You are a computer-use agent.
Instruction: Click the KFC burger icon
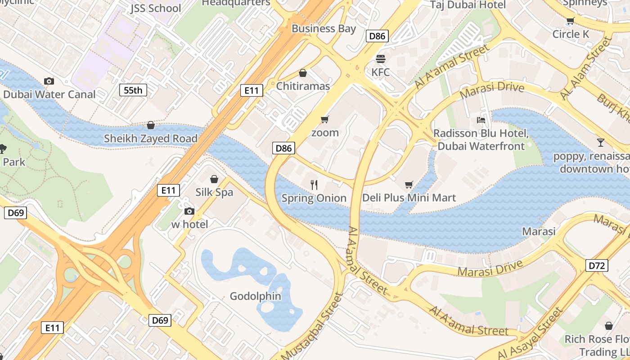coord(381,58)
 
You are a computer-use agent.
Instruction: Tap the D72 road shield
coord(597,265)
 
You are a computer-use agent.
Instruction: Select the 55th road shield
coord(133,90)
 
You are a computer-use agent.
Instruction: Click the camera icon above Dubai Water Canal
coord(49,81)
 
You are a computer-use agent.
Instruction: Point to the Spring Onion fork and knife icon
coord(314,184)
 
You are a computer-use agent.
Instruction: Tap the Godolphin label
coord(255,296)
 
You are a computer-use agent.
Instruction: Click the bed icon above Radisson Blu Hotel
coord(481,120)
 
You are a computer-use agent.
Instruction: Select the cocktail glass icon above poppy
coord(600,143)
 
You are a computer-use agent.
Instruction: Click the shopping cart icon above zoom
coord(324,119)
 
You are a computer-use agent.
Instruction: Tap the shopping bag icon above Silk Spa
coord(214,179)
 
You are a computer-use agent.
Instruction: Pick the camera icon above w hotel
coord(189,211)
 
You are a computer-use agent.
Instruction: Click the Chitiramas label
coord(303,86)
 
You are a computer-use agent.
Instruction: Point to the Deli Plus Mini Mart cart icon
coord(409,184)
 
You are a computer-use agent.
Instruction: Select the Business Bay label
coord(324,29)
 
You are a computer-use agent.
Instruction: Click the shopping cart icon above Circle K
coord(570,21)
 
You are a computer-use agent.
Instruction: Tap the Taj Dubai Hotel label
coord(468,5)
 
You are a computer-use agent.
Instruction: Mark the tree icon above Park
coord(3,148)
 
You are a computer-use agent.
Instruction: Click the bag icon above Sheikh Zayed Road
coord(151,125)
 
